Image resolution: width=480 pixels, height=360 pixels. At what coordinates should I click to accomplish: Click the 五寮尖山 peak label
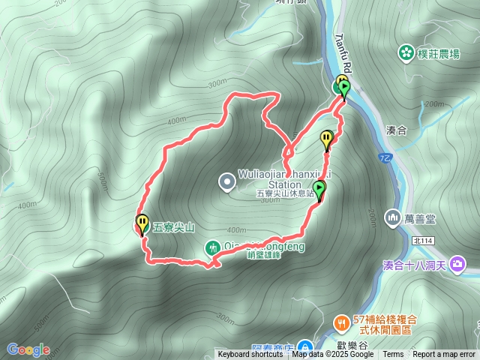point(174,226)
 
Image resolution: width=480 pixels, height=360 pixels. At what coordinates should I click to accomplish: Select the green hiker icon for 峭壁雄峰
point(213,247)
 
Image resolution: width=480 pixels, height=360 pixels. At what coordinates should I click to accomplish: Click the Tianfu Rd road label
point(348,50)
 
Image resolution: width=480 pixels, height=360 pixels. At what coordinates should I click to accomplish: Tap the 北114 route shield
point(422,240)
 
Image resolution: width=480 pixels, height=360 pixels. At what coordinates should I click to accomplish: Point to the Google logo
point(28,349)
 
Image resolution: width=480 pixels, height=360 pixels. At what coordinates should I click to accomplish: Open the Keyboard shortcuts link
point(250,355)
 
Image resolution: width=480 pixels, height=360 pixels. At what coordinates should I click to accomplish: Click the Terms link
point(393,355)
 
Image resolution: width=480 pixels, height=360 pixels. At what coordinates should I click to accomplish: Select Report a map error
point(443,355)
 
